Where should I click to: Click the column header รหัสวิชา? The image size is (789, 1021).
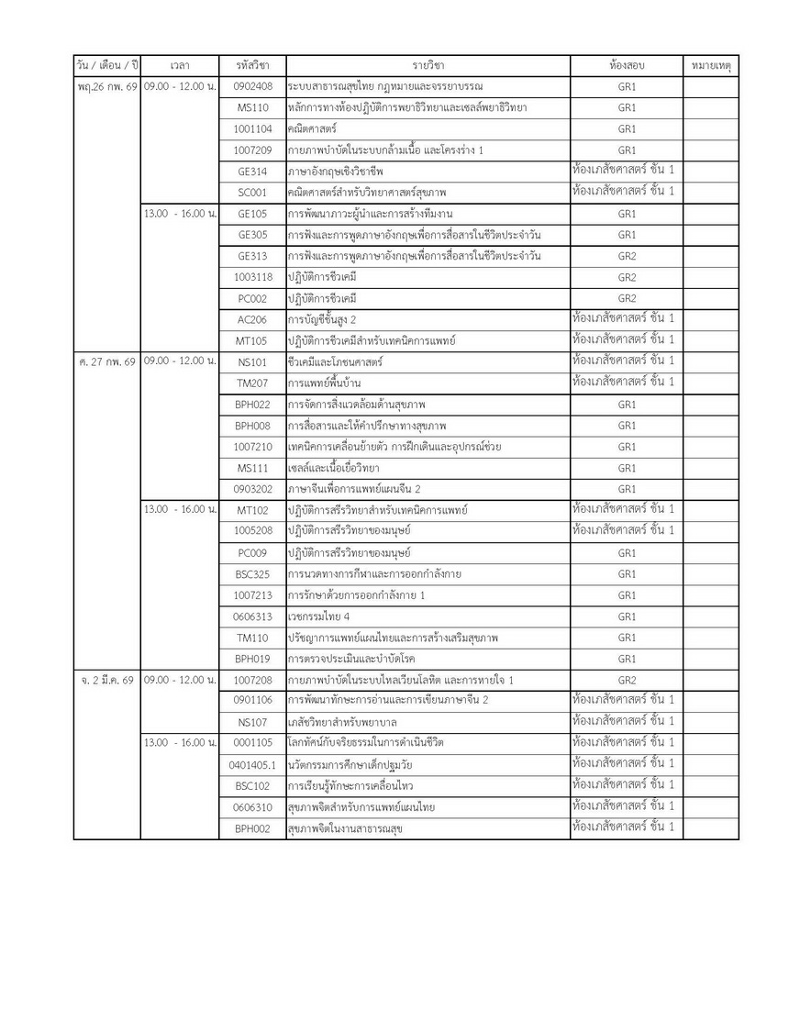[252, 67]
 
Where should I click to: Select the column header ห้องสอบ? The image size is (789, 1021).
[627, 67]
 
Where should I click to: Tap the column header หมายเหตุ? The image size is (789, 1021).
[711, 67]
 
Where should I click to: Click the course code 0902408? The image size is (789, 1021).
[252, 86]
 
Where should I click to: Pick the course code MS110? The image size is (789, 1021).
[252, 107]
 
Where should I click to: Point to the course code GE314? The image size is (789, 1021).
[252, 171]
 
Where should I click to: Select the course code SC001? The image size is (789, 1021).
[252, 192]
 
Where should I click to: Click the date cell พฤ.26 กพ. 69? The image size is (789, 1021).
[107, 86]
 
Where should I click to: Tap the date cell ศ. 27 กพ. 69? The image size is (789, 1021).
[107, 361]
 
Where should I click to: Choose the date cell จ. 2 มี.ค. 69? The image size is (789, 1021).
[107, 680]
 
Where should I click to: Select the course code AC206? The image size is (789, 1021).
[252, 319]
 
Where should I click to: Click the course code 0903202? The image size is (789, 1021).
[252, 489]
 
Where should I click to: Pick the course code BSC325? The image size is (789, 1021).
[252, 574]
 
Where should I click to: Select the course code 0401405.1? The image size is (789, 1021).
[252, 764]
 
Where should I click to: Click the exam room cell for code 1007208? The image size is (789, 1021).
[627, 680]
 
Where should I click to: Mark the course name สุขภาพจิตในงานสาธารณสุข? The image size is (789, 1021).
[345, 828]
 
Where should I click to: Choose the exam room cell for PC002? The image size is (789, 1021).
[627, 298]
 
